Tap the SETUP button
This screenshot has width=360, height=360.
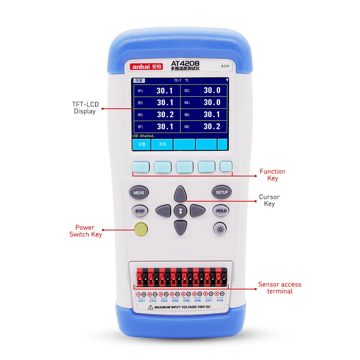coord(221,192)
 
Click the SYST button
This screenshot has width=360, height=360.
coord(140,211)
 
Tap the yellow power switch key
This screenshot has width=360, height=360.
coord(141,229)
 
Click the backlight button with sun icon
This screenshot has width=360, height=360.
coord(220,229)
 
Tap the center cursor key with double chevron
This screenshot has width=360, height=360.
coord(180,211)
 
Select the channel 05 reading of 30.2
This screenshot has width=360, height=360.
coord(165,114)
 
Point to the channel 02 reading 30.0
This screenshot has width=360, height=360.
coord(212,90)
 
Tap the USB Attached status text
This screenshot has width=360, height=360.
coord(143,136)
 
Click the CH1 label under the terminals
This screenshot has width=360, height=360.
coord(141,300)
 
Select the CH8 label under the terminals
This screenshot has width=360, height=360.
coord(220,300)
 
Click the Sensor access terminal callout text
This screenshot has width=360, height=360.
coord(280,288)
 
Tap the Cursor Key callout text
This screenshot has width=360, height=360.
coord(269,200)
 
